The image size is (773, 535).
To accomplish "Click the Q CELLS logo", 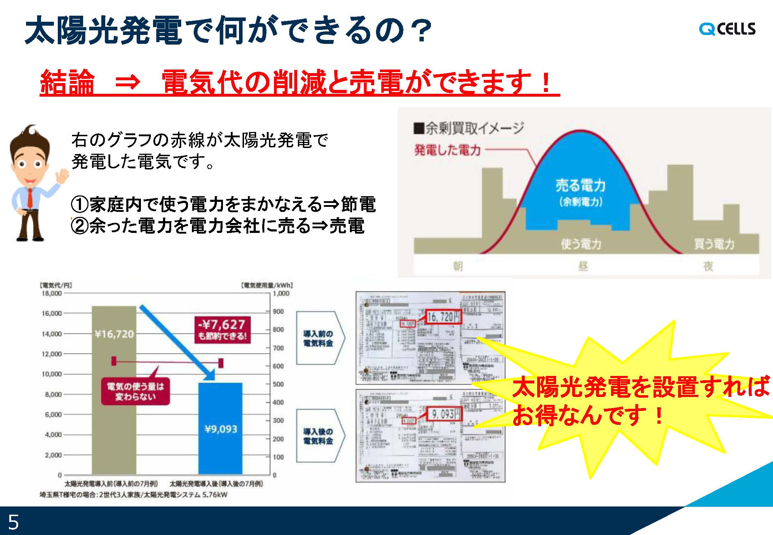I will pyautogui.click(x=727, y=29).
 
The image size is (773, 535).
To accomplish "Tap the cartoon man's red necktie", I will pyautogui.click(x=30, y=198).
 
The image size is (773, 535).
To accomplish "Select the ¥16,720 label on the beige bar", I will pyautogui.click(x=114, y=334).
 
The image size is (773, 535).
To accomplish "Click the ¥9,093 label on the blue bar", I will pyautogui.click(x=221, y=429).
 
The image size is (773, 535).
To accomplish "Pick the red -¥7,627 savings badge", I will pyautogui.click(x=222, y=330).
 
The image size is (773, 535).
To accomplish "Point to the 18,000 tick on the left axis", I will pyautogui.click(x=52, y=293).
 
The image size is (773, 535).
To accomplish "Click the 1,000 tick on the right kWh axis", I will pyautogui.click(x=281, y=294).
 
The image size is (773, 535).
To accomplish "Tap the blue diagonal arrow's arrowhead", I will pyautogui.click(x=209, y=374).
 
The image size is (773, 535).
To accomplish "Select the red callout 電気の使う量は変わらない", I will pyautogui.click(x=135, y=391).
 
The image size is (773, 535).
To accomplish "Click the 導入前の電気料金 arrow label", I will pyautogui.click(x=318, y=338).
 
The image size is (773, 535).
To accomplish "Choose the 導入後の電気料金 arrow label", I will pyautogui.click(x=318, y=436).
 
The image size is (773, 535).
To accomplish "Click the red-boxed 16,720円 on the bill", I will pyautogui.click(x=443, y=316).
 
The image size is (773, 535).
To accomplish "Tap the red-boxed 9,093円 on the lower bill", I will pyautogui.click(x=445, y=414).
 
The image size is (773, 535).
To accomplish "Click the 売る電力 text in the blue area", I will pyautogui.click(x=580, y=185).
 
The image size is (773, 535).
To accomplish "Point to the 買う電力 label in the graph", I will pyautogui.click(x=714, y=244).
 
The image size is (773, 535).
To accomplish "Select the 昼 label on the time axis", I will pyautogui.click(x=583, y=266).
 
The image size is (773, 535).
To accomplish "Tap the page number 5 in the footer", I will pyautogui.click(x=13, y=522).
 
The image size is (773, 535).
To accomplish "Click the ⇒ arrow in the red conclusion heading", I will pyautogui.click(x=127, y=82).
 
